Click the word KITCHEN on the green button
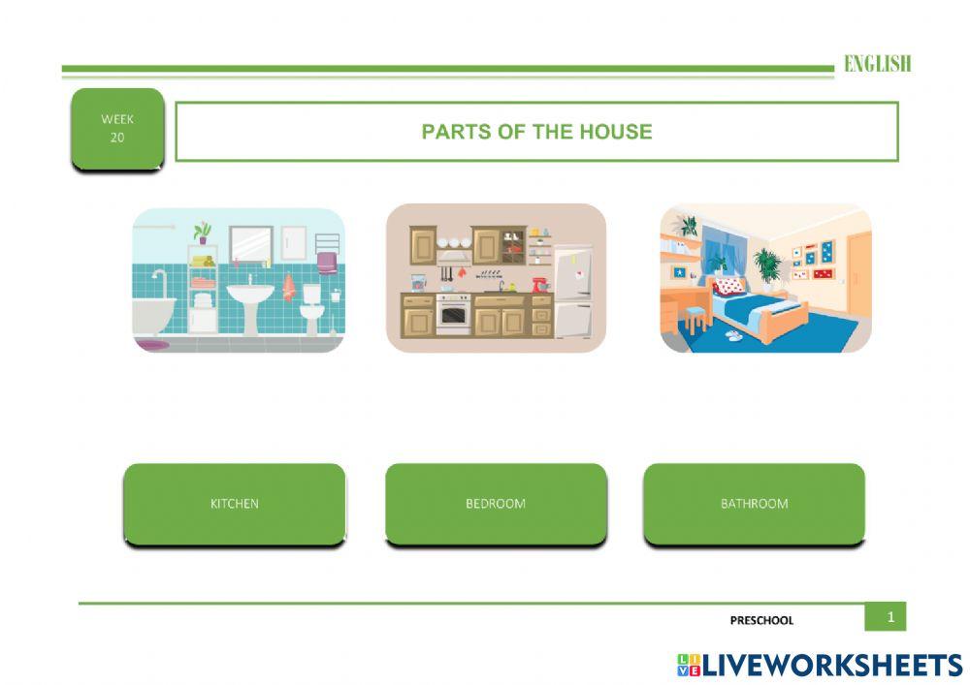click(x=235, y=504)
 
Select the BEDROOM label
click(x=496, y=504)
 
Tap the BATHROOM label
click(x=754, y=504)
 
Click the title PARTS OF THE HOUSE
click(x=536, y=132)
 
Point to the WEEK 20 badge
click(x=117, y=129)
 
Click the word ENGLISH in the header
click(x=877, y=64)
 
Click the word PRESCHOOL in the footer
click(x=761, y=620)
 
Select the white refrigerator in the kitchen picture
click(x=573, y=293)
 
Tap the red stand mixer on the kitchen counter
click(x=540, y=284)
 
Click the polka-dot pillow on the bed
click(x=729, y=286)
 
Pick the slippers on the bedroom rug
click(x=734, y=335)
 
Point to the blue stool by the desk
click(x=695, y=317)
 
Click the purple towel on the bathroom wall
click(x=328, y=262)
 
